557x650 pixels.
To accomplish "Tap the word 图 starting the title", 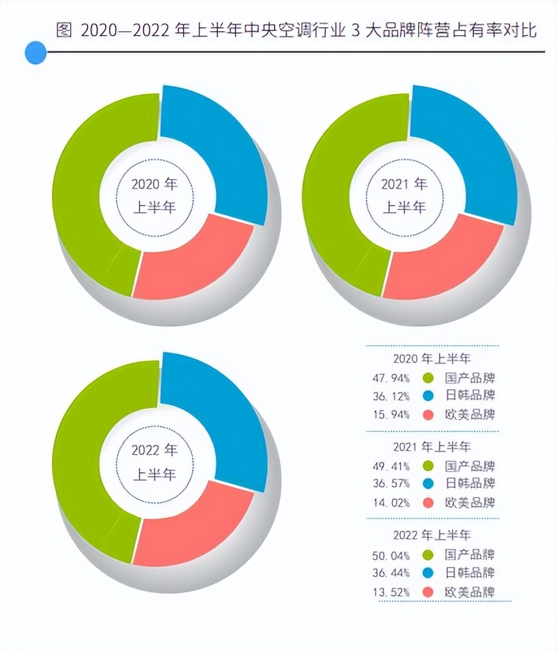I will click(x=63, y=30).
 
